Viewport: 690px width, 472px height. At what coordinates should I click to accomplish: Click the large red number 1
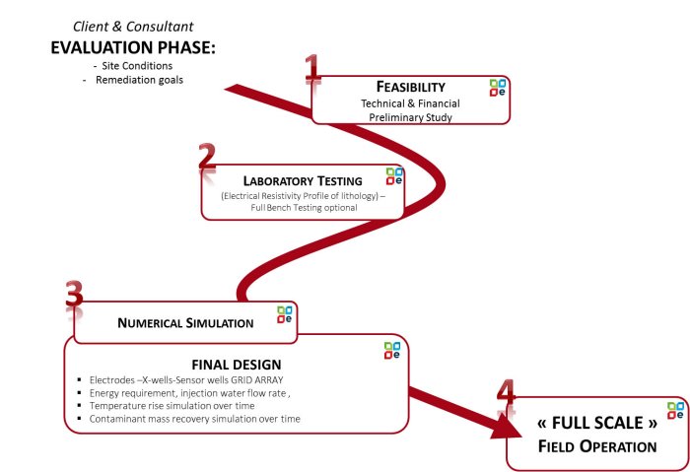(x=312, y=71)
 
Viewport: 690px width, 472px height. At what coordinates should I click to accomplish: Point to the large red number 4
(x=506, y=396)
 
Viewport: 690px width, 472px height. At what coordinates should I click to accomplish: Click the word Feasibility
(x=410, y=87)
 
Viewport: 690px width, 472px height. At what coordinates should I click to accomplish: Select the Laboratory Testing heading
(x=303, y=180)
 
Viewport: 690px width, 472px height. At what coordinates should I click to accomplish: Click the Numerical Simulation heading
(x=185, y=322)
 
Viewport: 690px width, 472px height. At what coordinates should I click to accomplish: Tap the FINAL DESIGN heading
(x=237, y=364)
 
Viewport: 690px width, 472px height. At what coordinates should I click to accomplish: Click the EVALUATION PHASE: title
(x=132, y=47)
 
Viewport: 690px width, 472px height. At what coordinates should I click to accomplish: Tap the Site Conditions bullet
(x=142, y=65)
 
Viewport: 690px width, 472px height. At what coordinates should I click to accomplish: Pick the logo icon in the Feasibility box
(x=499, y=87)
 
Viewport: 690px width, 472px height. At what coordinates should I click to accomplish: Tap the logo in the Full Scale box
(x=675, y=410)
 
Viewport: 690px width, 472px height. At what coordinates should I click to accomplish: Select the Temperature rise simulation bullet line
(x=172, y=405)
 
